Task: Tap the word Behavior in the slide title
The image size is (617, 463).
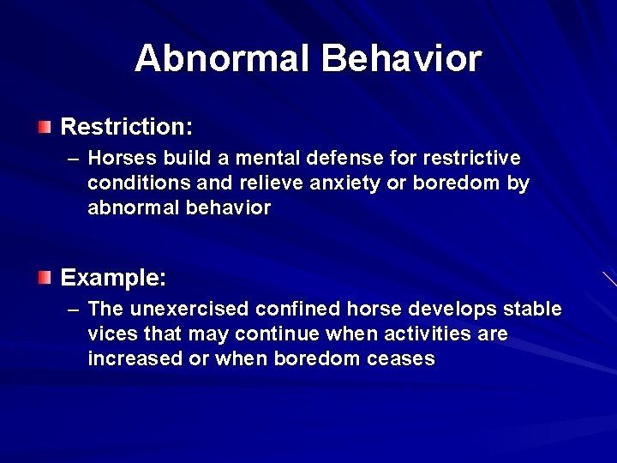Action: pos(401,59)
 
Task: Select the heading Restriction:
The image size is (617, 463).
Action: pos(127,128)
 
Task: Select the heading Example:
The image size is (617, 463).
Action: pos(113,278)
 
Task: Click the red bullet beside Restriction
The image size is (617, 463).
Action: pos(45,128)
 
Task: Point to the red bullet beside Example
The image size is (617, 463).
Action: pos(45,278)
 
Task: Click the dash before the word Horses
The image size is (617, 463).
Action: pos(72,159)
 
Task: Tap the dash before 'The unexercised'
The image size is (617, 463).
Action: pos(72,309)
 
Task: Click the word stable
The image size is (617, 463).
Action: pos(533,309)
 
